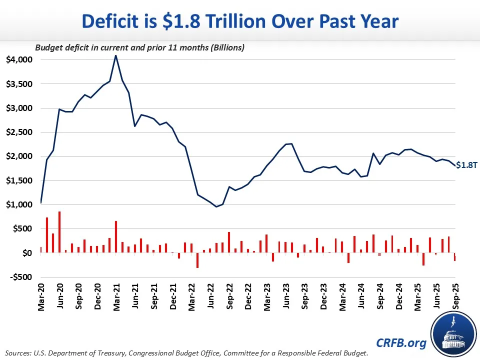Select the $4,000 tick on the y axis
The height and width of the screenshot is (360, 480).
18,59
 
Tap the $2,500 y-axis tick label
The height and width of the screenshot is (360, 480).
18,132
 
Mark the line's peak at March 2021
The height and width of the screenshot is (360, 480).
116,55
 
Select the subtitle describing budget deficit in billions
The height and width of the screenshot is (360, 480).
139,47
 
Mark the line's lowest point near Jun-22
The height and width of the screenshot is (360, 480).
216,206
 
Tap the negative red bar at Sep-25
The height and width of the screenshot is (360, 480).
455,257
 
